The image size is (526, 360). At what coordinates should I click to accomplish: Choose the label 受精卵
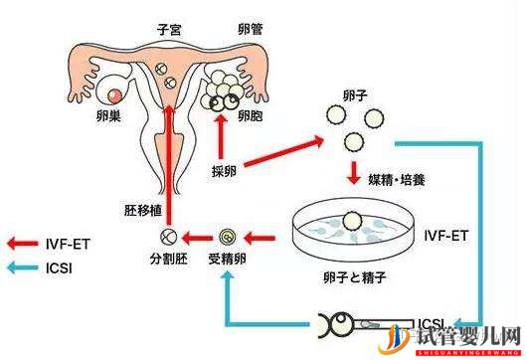[x=229, y=262]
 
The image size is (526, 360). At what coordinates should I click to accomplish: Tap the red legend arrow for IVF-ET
[x=24, y=241]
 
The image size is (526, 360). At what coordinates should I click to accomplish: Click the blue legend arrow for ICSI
[x=24, y=267]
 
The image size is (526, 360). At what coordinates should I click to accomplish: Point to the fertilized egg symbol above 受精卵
[x=227, y=238]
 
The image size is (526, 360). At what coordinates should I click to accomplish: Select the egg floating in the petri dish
[x=350, y=223]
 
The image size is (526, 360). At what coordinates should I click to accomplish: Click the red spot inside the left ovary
[x=117, y=96]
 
